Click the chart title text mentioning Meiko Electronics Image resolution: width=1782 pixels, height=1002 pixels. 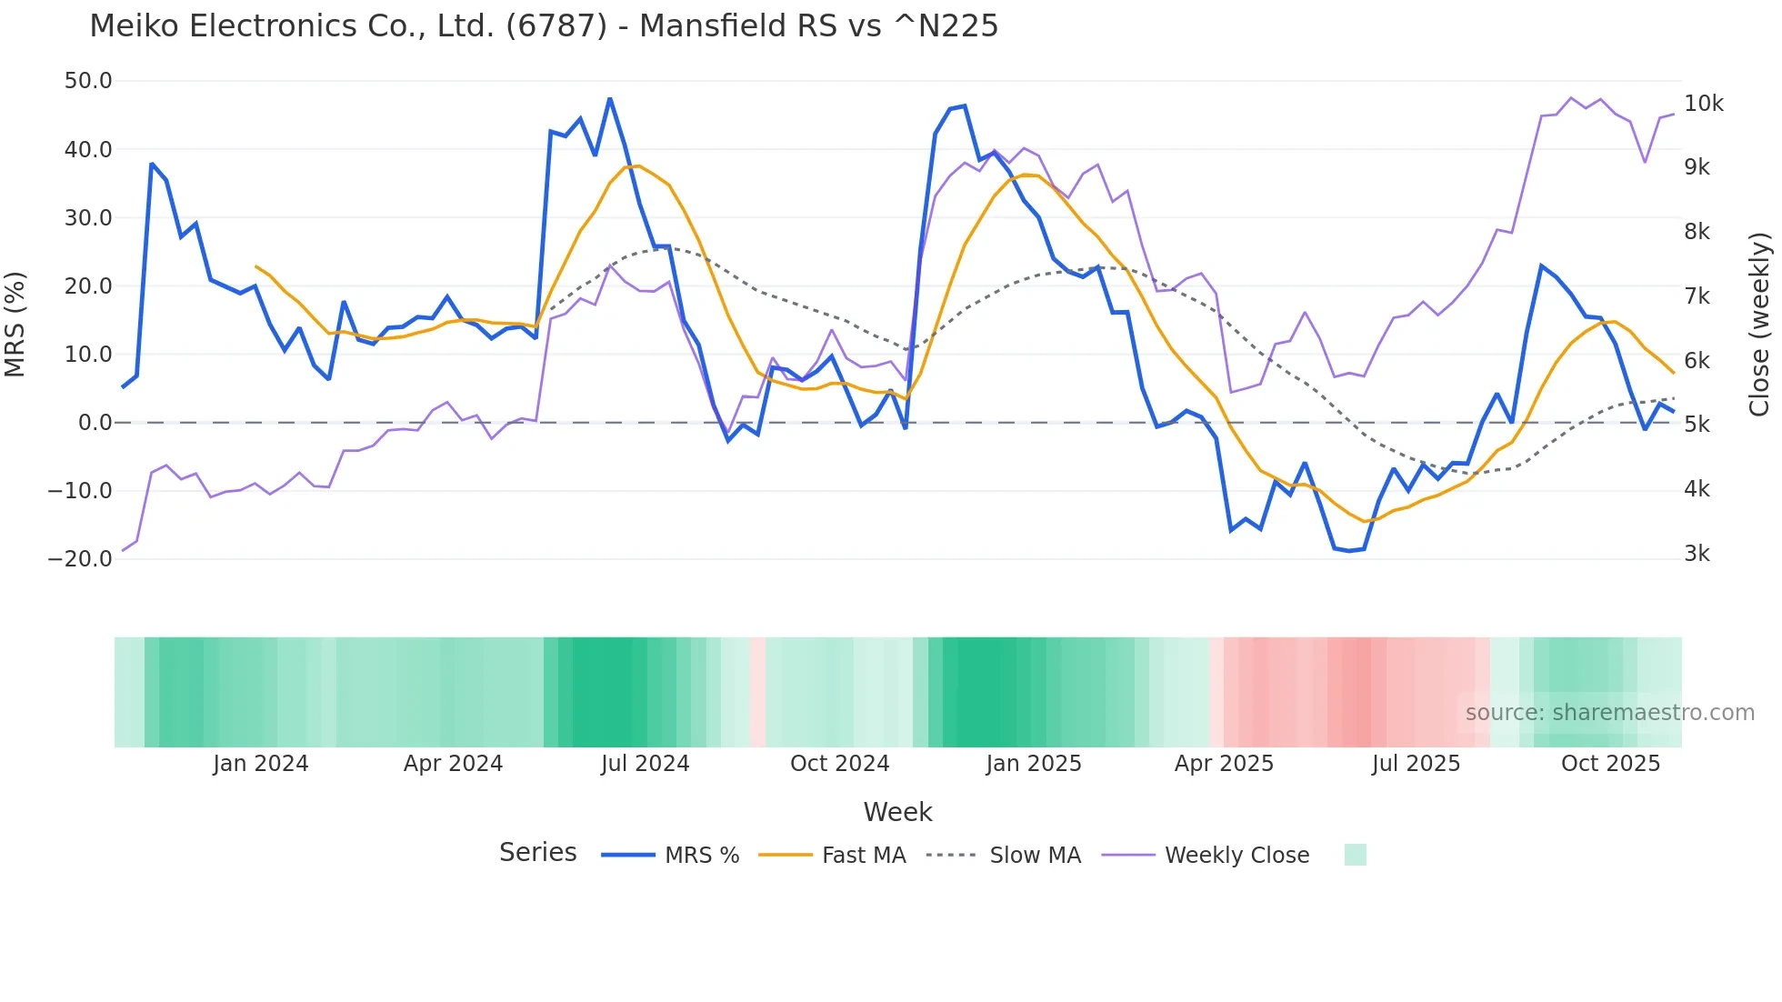(x=544, y=26)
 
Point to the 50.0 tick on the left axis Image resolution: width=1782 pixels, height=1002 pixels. (x=88, y=81)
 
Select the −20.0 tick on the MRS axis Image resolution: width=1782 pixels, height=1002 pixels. (x=80, y=559)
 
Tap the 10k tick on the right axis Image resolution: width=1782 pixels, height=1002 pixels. (x=1703, y=104)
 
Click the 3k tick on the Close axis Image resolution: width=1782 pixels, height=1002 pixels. (x=1697, y=554)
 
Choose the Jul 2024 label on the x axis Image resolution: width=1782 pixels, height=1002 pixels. (x=645, y=764)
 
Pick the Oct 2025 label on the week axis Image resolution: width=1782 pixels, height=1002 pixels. (x=1610, y=764)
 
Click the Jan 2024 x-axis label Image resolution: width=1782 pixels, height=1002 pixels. (x=261, y=764)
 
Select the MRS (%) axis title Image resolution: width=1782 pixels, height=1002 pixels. (x=15, y=324)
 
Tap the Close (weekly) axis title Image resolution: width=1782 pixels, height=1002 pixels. (x=1760, y=324)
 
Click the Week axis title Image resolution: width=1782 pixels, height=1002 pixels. (x=897, y=812)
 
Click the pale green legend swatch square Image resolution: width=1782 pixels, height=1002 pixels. (x=1355, y=856)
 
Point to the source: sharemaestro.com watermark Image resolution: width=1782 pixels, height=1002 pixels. (x=1609, y=713)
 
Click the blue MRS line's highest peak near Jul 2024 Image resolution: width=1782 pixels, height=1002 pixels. (x=610, y=98)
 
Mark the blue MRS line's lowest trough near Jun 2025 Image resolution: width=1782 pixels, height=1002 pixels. (x=1349, y=551)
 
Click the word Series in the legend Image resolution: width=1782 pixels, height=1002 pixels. (x=537, y=853)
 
